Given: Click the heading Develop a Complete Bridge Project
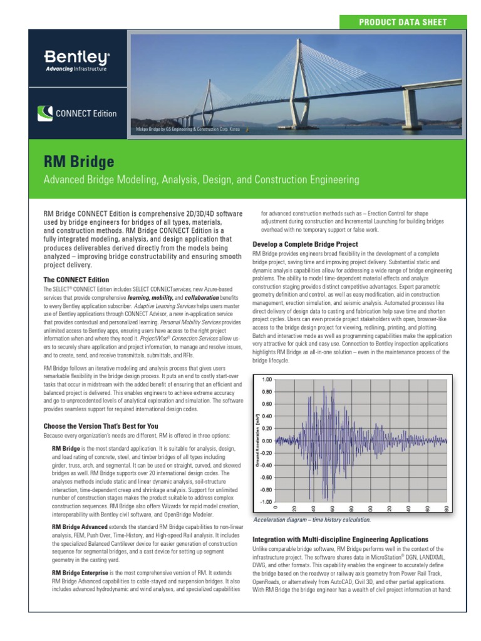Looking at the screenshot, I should tap(305, 244).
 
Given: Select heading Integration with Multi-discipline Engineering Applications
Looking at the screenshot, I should tap(340, 539).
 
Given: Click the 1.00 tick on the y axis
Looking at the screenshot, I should tap(267, 379).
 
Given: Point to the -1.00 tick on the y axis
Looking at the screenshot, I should tap(266, 501).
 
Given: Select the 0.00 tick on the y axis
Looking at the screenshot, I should tap(267, 441).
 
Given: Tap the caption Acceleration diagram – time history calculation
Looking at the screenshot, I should tap(311, 520).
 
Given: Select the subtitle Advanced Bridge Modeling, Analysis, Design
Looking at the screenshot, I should tap(200, 180).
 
